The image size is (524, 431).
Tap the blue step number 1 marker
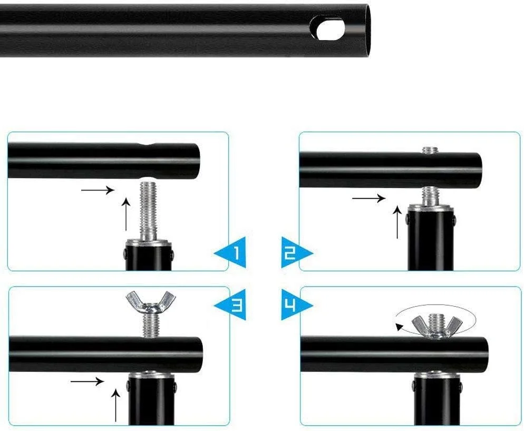tap(230, 252)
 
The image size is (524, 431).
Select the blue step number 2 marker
tap(296, 252)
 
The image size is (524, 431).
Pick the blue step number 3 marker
tap(230, 305)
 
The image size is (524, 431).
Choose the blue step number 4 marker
tap(296, 305)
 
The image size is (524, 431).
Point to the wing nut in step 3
tap(150, 302)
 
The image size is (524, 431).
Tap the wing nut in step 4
tap(435, 326)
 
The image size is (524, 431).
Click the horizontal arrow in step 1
tap(98, 190)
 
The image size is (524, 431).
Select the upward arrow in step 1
tap(126, 214)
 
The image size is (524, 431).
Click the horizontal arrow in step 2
tap(368, 198)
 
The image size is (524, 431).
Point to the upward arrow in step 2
tap(397, 222)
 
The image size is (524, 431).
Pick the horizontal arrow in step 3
tap(87, 381)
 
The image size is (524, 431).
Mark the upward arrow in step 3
tap(115, 405)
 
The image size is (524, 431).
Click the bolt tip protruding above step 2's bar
tap(430, 150)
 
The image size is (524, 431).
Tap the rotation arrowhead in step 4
tap(400, 327)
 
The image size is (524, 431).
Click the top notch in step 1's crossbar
tap(148, 145)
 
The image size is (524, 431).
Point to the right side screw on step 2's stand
tap(454, 220)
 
